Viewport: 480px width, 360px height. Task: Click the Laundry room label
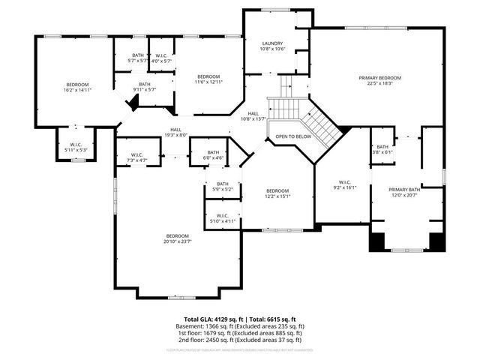(x=272, y=46)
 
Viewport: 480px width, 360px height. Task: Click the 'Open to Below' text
(x=293, y=136)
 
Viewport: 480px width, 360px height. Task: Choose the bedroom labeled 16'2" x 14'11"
(x=76, y=87)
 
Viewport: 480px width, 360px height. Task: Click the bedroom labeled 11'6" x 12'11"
(x=208, y=79)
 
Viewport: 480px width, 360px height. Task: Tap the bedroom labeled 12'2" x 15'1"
(x=277, y=193)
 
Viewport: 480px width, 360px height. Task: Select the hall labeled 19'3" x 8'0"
(x=175, y=132)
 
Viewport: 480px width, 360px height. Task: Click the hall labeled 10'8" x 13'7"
(x=253, y=115)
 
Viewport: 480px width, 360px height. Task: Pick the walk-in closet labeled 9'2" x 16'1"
(x=345, y=184)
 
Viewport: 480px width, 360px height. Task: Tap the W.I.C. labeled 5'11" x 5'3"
(x=76, y=147)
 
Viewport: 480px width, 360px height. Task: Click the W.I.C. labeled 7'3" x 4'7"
(x=137, y=157)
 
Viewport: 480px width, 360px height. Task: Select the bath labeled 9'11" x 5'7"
(x=144, y=86)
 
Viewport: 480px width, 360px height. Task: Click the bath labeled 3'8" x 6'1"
(x=382, y=149)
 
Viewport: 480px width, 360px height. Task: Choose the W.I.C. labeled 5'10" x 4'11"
(x=223, y=218)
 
